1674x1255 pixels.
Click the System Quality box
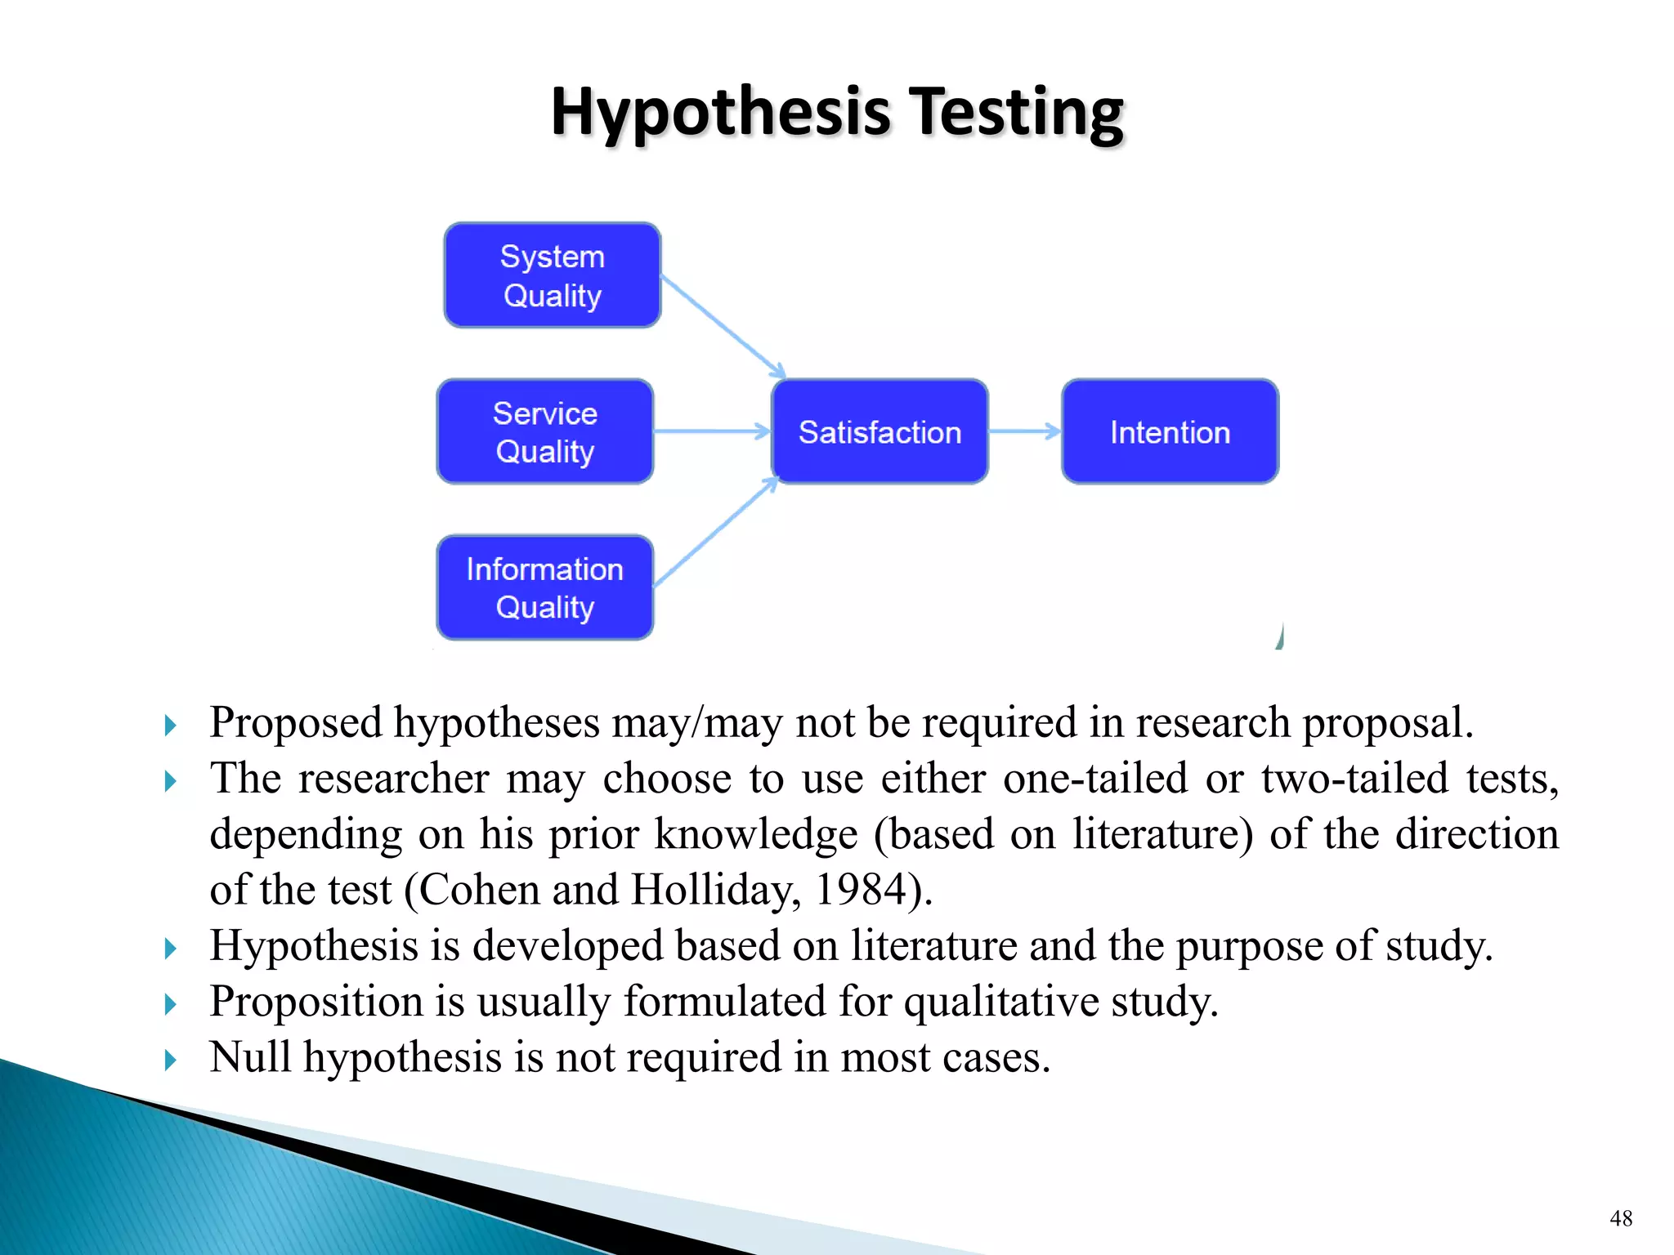(x=552, y=275)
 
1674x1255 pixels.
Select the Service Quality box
(x=545, y=431)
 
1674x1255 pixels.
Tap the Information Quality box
(x=545, y=587)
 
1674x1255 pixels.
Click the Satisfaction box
(x=880, y=431)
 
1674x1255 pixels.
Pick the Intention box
(x=1170, y=431)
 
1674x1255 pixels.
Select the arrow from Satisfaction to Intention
(x=1024, y=431)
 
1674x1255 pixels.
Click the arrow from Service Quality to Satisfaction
(x=712, y=431)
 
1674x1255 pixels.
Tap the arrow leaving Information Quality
(x=716, y=532)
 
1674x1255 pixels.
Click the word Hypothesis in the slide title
(x=720, y=112)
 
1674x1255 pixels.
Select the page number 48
(x=1621, y=1218)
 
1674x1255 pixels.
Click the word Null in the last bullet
(x=249, y=1057)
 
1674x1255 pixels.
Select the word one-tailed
(x=1094, y=779)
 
